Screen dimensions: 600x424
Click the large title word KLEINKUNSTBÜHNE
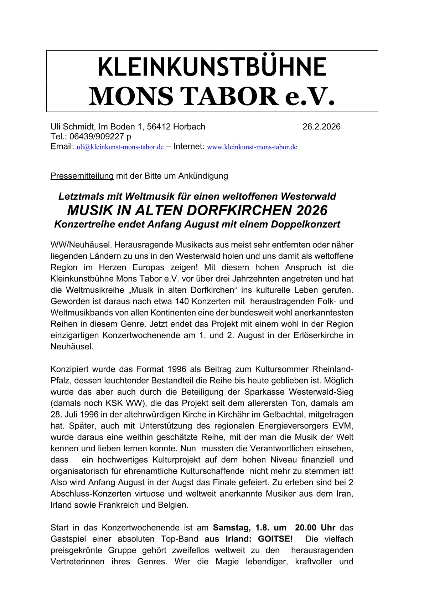(212, 67)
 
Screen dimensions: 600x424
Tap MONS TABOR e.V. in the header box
(212, 96)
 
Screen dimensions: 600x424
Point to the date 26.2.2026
(321, 127)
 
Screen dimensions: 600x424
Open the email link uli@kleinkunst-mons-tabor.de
(120, 147)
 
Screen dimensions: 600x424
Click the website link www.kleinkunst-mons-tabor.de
(252, 147)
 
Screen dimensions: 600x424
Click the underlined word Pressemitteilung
(82, 176)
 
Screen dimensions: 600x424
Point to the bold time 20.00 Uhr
(315, 527)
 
